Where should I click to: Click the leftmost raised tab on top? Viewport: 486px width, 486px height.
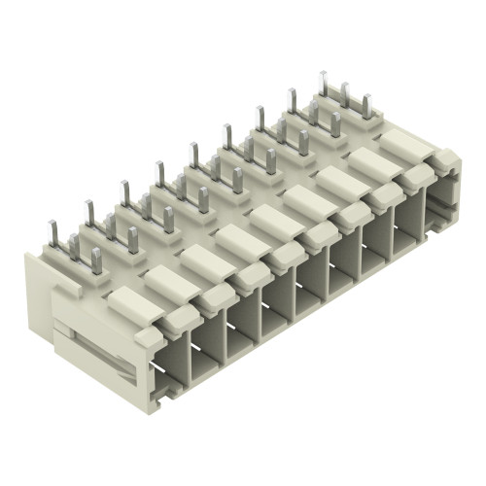point(132,303)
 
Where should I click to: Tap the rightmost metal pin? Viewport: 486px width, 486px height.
point(368,106)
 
